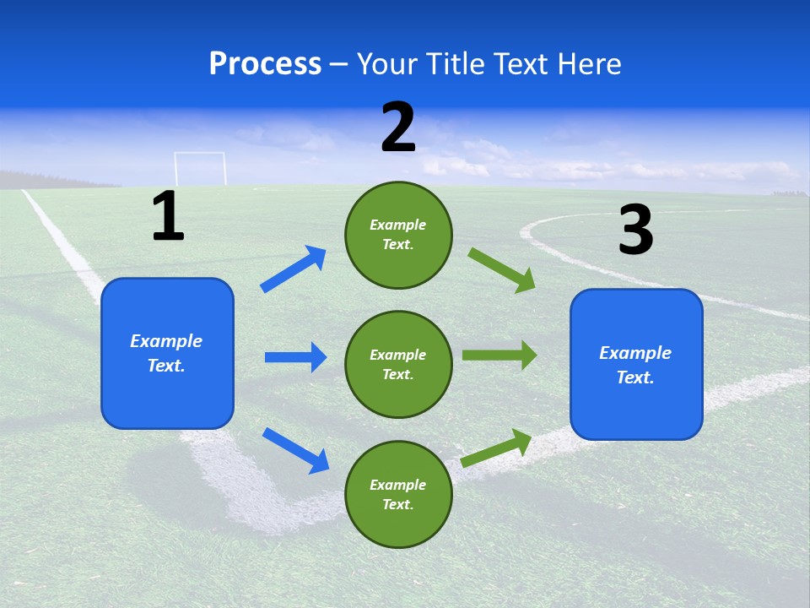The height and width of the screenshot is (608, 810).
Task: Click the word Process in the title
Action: [x=265, y=64]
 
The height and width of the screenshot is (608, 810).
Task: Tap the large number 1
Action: [x=168, y=216]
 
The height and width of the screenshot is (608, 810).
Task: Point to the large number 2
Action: [x=398, y=128]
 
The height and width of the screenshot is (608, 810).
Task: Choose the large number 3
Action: [x=635, y=230]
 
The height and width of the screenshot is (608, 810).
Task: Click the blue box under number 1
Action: [x=167, y=353]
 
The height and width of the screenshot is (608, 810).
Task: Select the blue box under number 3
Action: [x=636, y=364]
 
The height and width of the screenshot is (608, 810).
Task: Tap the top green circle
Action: [x=398, y=235]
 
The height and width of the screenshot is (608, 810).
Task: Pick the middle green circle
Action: [x=398, y=364]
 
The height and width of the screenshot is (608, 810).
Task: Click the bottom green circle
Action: [x=398, y=494]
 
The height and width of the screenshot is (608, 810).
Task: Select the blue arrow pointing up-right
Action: [x=294, y=269]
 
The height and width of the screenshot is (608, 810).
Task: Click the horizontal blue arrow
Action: [x=295, y=357]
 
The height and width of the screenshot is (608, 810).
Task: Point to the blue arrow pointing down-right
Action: [x=295, y=450]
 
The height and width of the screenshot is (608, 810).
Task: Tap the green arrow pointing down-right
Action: [x=502, y=270]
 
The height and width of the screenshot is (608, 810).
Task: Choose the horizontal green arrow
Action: [x=499, y=356]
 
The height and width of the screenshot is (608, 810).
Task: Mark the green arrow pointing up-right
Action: [x=496, y=448]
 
